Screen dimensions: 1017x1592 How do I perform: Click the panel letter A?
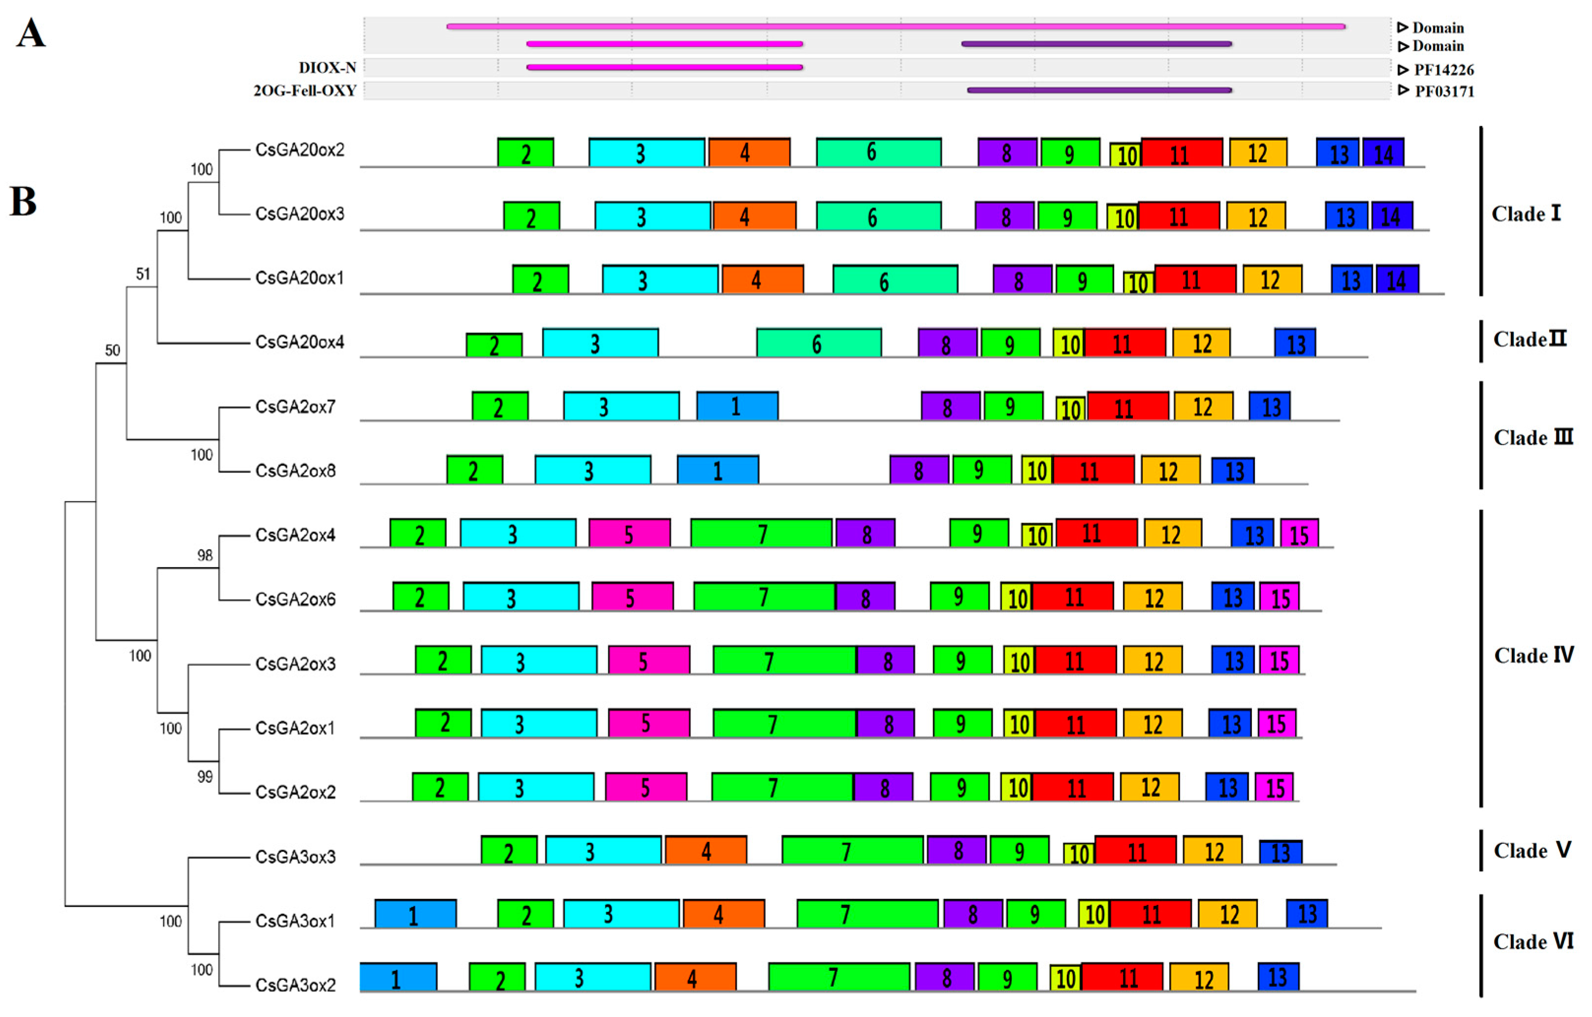click(31, 33)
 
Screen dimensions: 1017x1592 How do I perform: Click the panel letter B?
click(23, 202)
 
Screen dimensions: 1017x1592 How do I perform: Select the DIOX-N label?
click(327, 67)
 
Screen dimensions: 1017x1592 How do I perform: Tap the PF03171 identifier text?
click(1444, 91)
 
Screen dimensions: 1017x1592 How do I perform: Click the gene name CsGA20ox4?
click(300, 342)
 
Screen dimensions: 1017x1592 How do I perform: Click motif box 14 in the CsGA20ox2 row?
click(1383, 153)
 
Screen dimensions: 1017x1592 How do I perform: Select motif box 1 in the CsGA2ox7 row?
click(737, 406)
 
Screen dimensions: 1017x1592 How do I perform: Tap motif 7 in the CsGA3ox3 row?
click(852, 850)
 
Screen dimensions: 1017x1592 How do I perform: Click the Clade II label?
click(1529, 340)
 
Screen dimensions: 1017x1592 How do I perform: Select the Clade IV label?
click(1533, 656)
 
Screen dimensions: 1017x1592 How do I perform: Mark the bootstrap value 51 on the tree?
click(143, 274)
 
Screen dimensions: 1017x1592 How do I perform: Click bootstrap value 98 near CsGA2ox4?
click(205, 556)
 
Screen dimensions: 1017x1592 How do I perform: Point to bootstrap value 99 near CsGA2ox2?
click(205, 777)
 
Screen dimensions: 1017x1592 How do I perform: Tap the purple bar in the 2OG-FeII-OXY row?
click(1099, 90)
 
